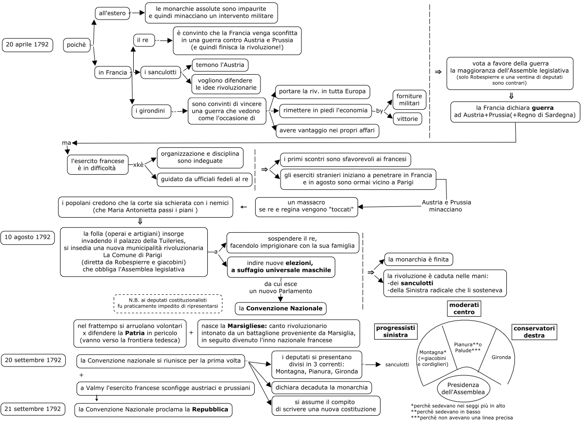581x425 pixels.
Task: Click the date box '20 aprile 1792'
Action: (27, 44)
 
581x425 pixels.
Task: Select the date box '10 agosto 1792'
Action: (27, 238)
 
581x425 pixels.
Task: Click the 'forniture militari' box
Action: (409, 100)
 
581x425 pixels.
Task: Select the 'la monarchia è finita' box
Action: (419, 259)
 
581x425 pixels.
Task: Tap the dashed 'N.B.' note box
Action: (168, 304)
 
